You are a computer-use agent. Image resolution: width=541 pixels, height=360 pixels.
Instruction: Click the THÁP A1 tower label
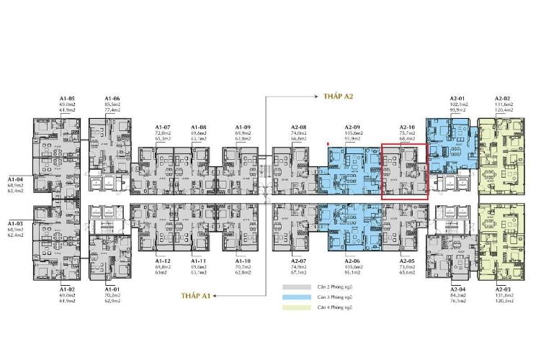(x=195, y=295)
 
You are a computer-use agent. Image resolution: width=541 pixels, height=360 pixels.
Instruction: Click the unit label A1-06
(x=112, y=99)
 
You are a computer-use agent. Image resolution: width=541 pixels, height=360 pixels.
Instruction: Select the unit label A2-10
(x=407, y=127)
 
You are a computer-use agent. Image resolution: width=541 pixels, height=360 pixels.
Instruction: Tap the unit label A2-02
(x=503, y=99)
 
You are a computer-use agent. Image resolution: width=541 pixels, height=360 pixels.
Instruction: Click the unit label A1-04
(x=16, y=178)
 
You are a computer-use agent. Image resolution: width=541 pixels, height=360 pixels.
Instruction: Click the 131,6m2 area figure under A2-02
(x=503, y=105)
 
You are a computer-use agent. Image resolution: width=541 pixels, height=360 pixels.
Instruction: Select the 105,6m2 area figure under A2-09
(x=353, y=133)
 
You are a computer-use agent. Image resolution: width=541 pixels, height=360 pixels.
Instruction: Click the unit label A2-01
(x=459, y=99)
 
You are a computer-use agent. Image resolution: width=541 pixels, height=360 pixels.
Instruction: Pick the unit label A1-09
(x=243, y=127)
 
